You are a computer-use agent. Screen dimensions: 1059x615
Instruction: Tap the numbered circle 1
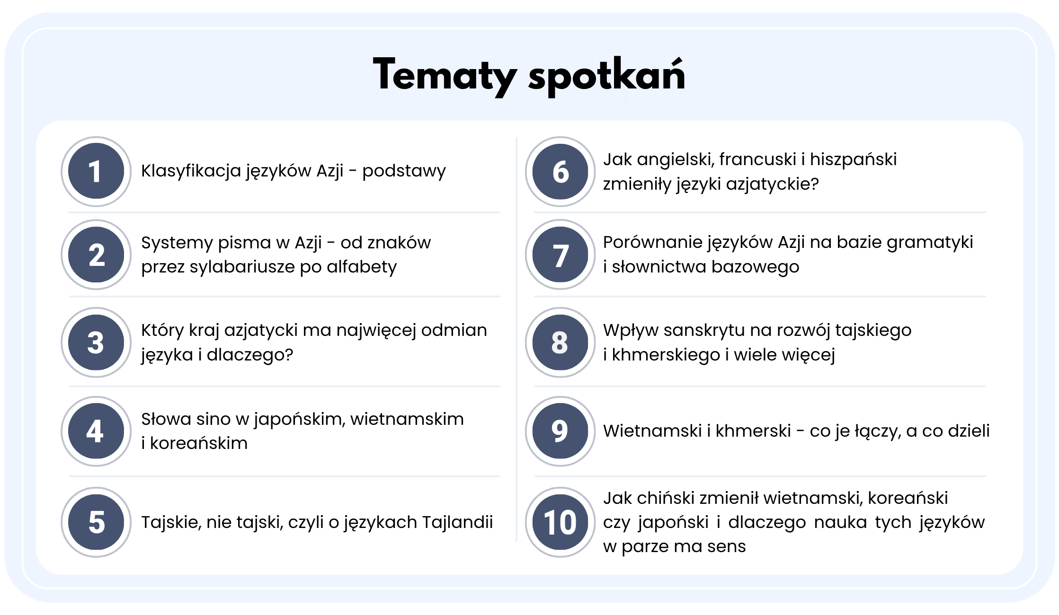96,171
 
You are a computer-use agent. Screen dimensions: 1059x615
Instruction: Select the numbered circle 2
96,255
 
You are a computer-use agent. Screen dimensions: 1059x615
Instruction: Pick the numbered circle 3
96,343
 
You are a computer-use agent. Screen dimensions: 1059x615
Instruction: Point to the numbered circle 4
96,431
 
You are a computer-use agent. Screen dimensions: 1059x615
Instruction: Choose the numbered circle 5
96,522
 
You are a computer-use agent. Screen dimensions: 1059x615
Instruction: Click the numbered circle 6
560,171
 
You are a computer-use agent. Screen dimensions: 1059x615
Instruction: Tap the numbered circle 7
560,255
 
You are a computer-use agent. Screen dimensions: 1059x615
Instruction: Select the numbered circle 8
560,343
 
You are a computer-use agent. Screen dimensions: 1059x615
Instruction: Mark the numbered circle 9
560,431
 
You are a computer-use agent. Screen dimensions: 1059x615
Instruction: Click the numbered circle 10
560,522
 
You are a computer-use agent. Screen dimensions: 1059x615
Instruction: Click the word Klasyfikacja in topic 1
191,171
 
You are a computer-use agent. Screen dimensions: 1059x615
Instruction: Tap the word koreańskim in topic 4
199,443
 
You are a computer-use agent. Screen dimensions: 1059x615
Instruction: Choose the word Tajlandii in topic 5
457,522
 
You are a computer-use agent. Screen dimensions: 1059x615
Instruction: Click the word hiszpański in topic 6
853,160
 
